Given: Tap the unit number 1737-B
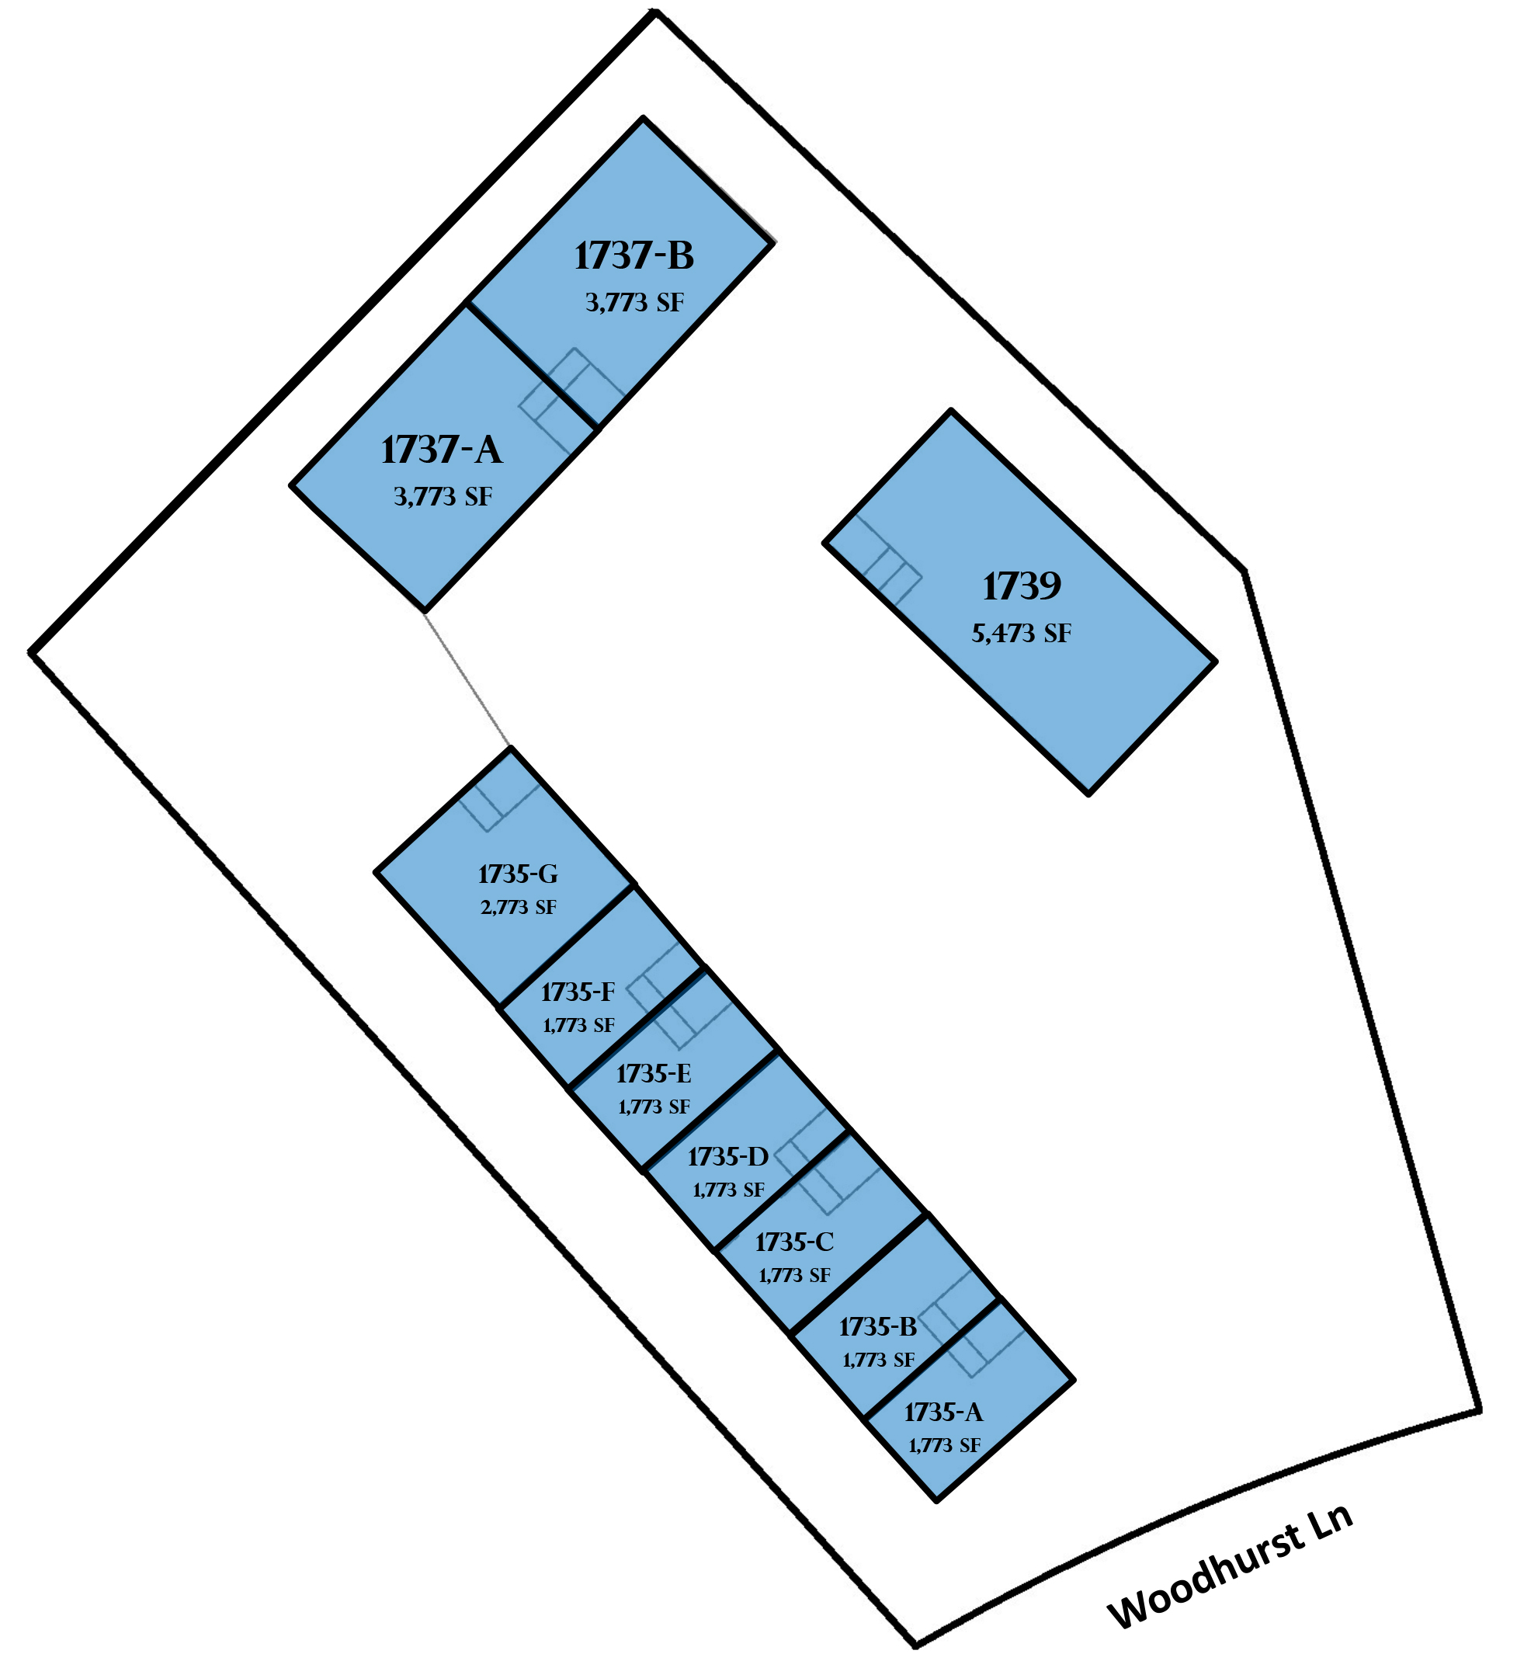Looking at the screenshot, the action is (x=634, y=255).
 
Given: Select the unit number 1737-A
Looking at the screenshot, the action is (x=442, y=450).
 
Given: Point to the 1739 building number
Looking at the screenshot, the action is (x=1022, y=586).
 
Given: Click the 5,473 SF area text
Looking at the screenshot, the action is (x=1022, y=633).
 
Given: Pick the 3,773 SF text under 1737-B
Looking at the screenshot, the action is (x=634, y=303).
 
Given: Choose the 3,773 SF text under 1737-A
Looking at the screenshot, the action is (x=443, y=497).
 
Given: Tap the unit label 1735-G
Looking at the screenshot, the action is (x=518, y=874).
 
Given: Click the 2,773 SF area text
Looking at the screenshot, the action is (x=518, y=908).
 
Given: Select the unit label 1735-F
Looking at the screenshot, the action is (x=578, y=992).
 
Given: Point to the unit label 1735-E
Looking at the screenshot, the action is (x=654, y=1073).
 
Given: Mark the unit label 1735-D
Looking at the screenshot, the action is (x=728, y=1156).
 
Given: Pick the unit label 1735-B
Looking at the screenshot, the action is (x=877, y=1326).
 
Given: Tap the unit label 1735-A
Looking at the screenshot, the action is (x=943, y=1412).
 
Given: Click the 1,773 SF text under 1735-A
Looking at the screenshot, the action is (x=944, y=1445).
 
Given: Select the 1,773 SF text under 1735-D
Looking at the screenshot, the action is (x=728, y=1190).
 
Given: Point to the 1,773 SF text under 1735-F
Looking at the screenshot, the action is (x=578, y=1025).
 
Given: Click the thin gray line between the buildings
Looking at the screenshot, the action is (x=467, y=679).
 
